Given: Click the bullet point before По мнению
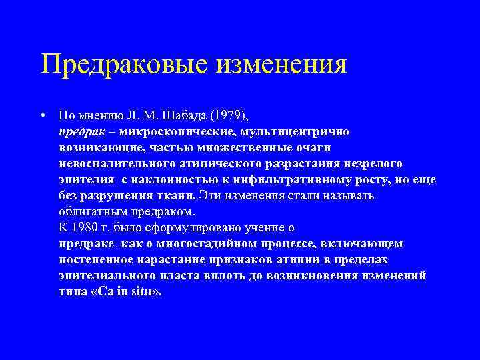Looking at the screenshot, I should [42, 115].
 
